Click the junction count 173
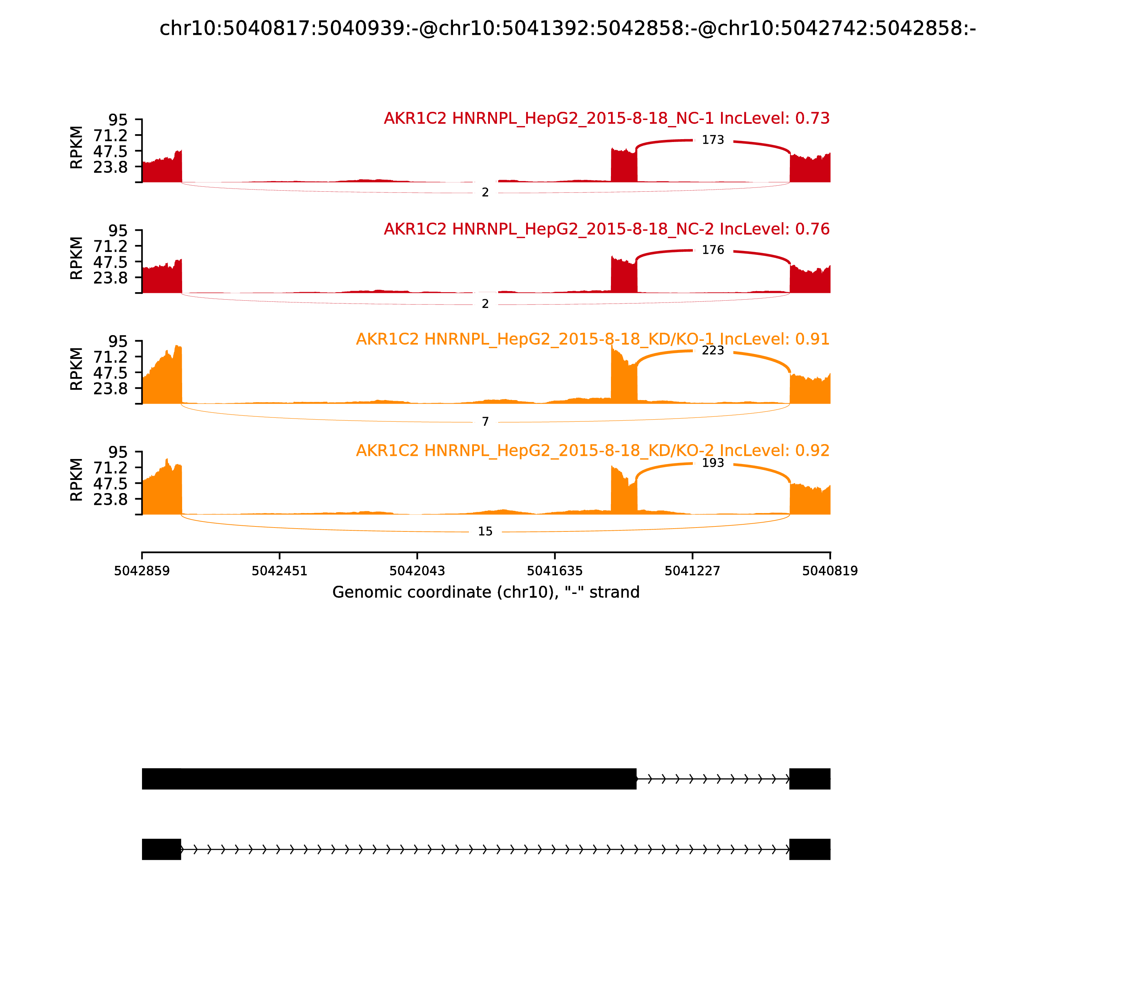713,140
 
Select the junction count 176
713,250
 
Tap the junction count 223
713,351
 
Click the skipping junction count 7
485,422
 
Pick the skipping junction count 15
485,532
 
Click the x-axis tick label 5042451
280,571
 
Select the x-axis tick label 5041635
555,571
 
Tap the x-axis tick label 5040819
830,571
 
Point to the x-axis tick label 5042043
417,571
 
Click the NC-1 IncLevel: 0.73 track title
606,119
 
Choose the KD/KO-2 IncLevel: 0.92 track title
592,450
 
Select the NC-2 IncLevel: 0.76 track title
606,229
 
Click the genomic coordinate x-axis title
486,592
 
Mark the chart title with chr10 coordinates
567,29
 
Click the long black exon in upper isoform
388,779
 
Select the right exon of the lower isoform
810,849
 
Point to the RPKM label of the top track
77,148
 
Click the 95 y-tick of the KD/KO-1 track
118,342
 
